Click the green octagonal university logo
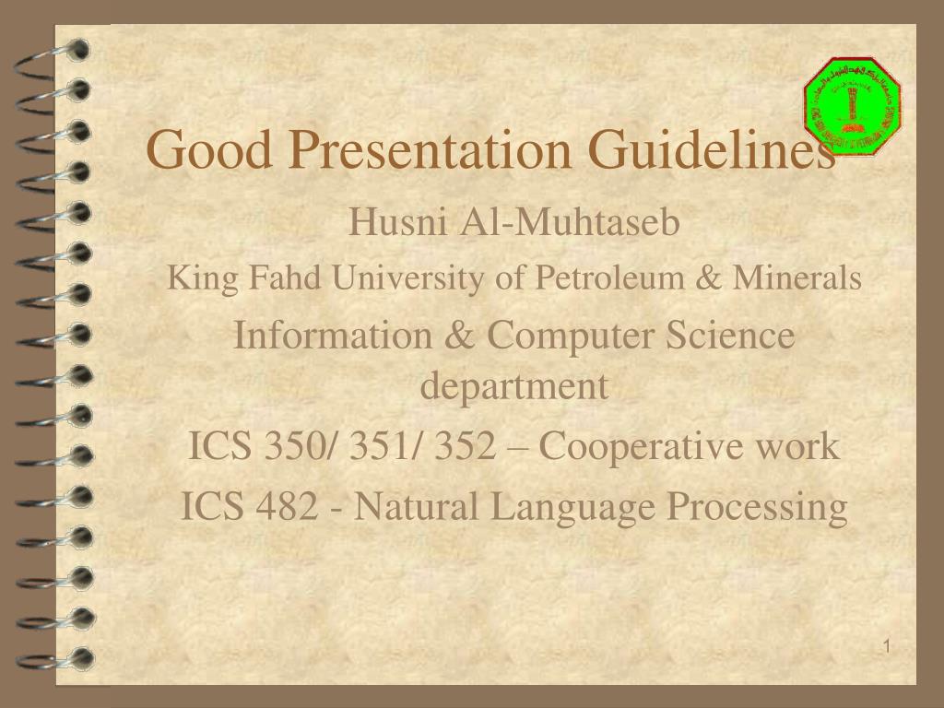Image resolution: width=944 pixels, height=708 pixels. [x=853, y=106]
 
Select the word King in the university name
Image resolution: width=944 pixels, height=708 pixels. [x=189, y=277]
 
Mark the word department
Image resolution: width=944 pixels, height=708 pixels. [x=514, y=386]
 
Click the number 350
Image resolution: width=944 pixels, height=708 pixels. [x=288, y=447]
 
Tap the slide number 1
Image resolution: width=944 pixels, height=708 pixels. [x=885, y=646]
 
